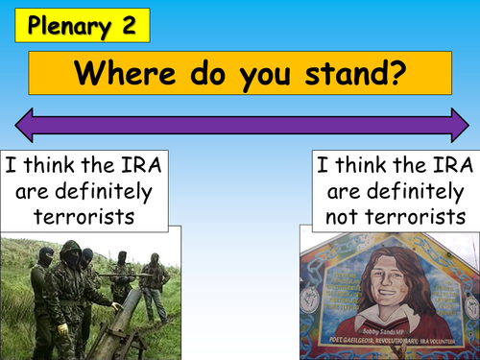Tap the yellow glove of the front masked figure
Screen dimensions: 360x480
[62, 326]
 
